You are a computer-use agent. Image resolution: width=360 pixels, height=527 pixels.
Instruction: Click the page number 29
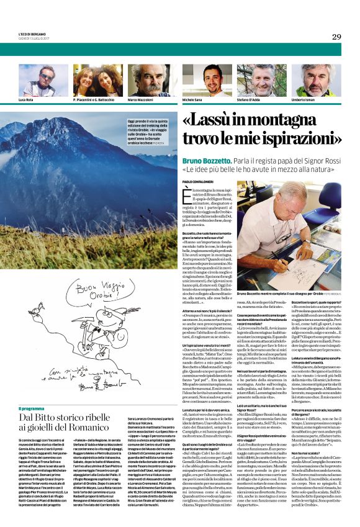click(336, 37)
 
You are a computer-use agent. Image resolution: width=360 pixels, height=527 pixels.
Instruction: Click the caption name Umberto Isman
click(314, 99)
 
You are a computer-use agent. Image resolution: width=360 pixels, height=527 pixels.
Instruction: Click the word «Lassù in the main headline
click(217, 121)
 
